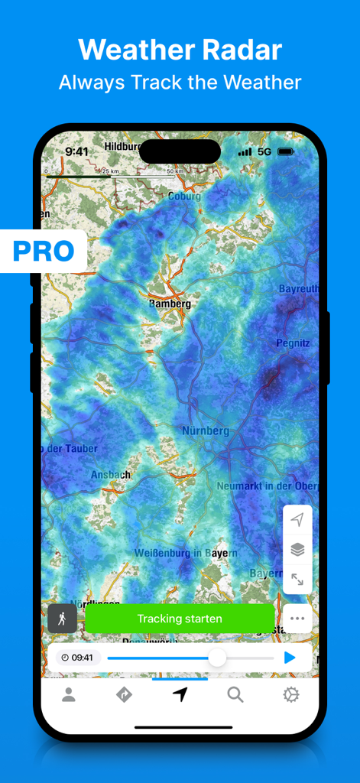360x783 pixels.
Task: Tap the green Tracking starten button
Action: [180, 619]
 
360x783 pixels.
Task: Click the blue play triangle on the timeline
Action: [290, 658]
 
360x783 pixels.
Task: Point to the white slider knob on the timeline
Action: [217, 658]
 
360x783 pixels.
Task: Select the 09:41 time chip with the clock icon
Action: [76, 658]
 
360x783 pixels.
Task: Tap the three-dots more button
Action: [297, 619]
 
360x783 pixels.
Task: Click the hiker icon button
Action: [62, 619]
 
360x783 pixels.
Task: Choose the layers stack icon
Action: [297, 549]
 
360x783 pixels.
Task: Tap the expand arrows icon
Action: [297, 580]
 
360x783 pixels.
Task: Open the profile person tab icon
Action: [69, 694]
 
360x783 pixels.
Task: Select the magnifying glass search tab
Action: [235, 694]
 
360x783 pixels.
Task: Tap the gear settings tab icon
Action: [290, 694]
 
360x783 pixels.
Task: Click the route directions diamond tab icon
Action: [124, 694]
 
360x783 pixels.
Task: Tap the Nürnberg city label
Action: [205, 431]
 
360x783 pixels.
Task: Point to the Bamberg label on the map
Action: [170, 304]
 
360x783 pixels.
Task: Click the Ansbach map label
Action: [111, 475]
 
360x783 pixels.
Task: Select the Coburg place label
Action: [185, 197]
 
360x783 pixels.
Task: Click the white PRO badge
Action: [43, 251]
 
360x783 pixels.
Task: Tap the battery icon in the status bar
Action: [286, 152]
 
